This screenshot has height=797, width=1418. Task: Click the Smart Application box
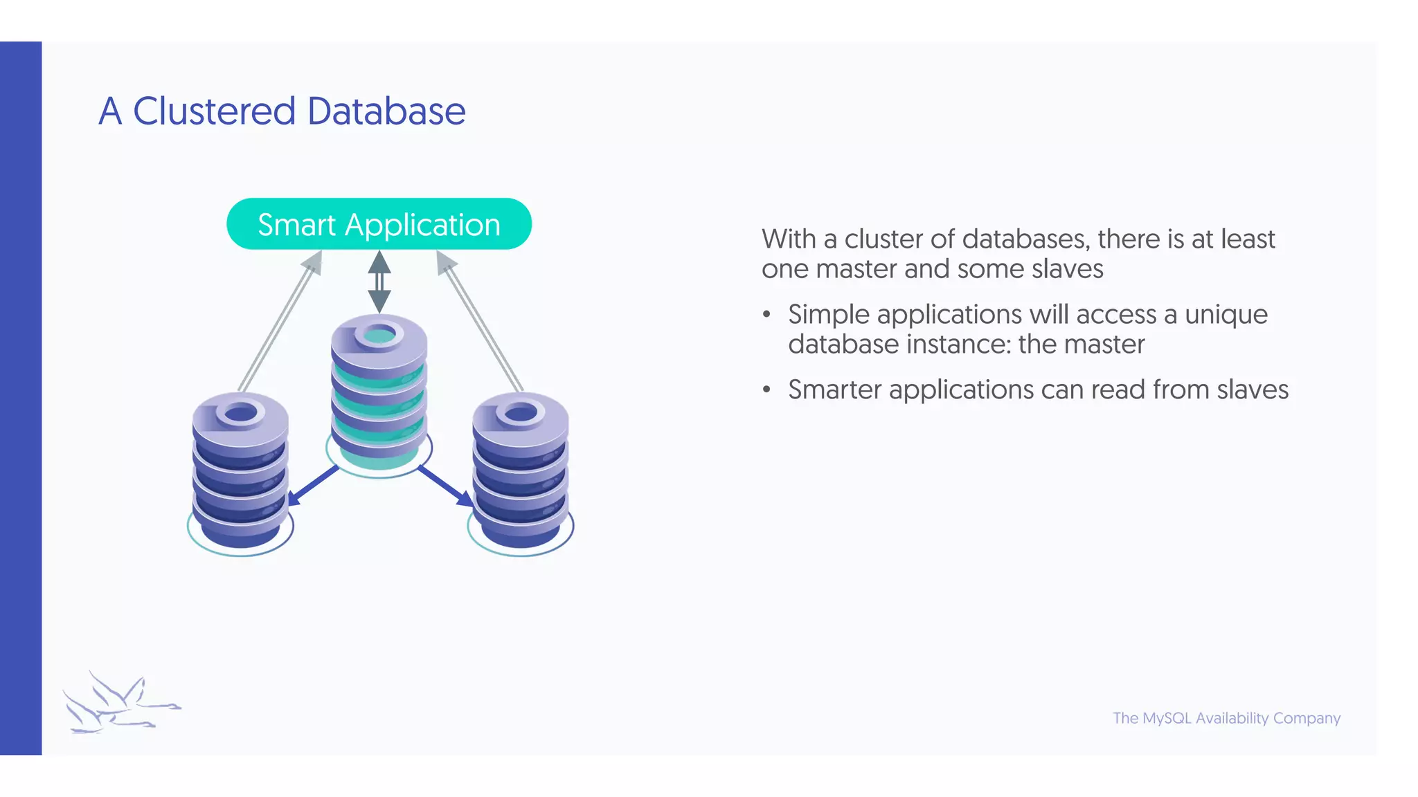tap(379, 224)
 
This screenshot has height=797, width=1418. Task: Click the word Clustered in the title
tap(214, 111)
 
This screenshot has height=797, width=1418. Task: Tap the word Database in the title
tap(386, 111)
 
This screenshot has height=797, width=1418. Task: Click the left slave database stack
tap(240, 470)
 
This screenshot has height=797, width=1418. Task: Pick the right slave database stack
tap(521, 470)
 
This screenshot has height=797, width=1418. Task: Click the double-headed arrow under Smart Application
tap(379, 282)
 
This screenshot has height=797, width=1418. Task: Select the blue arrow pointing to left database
tap(312, 486)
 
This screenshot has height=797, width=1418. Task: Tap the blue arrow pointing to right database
tap(447, 486)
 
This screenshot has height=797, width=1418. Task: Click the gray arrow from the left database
tap(280, 322)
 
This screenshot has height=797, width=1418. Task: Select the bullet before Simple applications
tap(766, 315)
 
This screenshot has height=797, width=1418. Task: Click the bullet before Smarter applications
tap(766, 390)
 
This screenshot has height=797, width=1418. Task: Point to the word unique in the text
tap(1226, 315)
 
